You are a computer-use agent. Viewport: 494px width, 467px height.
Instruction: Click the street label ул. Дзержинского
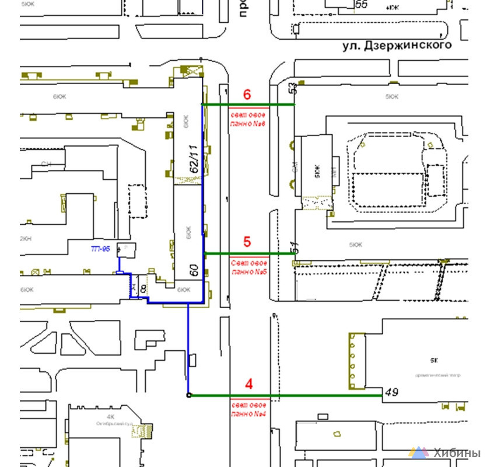coord(397,45)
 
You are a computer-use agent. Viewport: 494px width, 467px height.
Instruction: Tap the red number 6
coord(247,94)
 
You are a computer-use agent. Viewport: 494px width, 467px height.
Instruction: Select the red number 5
coord(247,241)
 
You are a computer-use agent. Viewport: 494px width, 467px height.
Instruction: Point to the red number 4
coord(249,384)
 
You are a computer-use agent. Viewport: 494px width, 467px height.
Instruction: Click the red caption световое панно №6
coord(248,120)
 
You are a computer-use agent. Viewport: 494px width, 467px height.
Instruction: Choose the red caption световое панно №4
coord(248,410)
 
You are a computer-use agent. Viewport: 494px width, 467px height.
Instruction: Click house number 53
coord(292,89)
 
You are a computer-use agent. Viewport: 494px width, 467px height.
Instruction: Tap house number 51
coord(295,248)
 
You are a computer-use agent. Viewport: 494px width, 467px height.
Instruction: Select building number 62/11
coord(195,158)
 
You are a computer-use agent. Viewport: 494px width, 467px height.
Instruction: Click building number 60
coord(194,270)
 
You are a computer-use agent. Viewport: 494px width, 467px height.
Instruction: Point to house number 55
coord(362,5)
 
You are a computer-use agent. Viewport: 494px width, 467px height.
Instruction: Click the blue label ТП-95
coord(100,249)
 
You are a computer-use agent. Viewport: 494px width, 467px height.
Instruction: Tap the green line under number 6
coord(248,104)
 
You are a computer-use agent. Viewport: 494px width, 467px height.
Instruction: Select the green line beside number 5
coord(248,253)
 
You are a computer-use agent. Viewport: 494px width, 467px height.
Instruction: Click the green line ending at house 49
coord(286,395)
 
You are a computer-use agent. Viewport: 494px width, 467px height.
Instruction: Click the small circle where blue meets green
coord(188,395)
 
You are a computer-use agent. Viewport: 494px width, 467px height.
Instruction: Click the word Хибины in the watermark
coord(457,453)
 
